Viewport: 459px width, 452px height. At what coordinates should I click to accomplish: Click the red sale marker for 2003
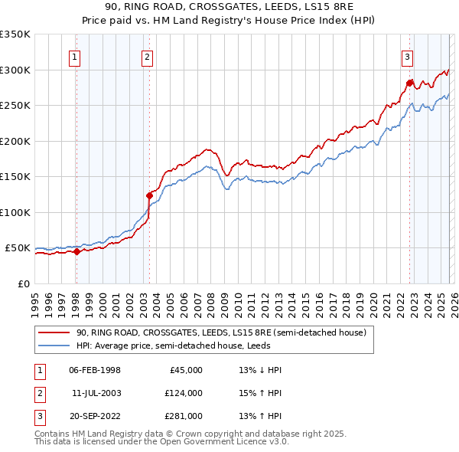pos(149,195)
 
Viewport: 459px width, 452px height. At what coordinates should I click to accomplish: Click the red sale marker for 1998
pos(76,251)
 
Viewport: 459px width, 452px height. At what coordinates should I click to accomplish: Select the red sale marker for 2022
pos(409,83)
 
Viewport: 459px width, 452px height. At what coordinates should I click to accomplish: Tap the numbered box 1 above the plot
pos(75,56)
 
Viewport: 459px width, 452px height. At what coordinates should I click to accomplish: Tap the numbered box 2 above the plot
pos(146,56)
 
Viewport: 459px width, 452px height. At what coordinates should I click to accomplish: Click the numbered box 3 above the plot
pos(407,56)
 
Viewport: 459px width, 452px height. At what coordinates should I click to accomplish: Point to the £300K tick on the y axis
pos(15,70)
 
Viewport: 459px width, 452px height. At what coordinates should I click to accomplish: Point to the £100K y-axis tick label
pos(15,212)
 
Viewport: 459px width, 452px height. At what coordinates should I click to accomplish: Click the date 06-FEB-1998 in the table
pos(95,370)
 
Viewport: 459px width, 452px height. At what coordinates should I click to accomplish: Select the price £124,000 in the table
pos(184,393)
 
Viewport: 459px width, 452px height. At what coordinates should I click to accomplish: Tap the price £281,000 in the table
pos(184,416)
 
